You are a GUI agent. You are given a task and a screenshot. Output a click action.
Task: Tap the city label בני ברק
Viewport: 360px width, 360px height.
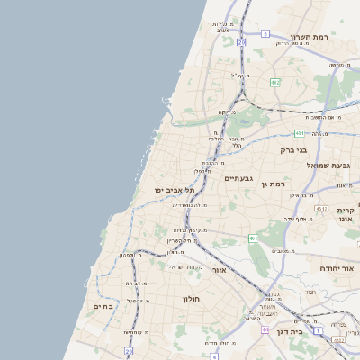pos(293,150)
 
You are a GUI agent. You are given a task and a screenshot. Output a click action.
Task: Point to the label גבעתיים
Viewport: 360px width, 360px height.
pos(238,178)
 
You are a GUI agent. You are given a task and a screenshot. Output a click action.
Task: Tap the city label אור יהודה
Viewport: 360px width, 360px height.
pos(337,268)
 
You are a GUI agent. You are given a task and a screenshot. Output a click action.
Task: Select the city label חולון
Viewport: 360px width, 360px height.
pos(191,298)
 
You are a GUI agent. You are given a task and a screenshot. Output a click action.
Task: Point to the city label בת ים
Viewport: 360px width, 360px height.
pos(103,307)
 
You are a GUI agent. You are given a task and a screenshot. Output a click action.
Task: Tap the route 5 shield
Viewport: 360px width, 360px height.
pos(265,33)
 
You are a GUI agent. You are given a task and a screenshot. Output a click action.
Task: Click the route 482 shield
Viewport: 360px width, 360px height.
pos(274,82)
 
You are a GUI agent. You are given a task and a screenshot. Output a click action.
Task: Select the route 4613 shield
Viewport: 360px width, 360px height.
pos(321,208)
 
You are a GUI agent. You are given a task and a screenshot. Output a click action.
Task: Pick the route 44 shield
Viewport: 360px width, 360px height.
pos(265,329)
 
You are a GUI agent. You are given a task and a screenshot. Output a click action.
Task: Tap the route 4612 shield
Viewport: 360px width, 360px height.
pos(338,340)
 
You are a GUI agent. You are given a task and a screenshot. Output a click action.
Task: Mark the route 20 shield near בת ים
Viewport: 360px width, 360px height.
pos(129,351)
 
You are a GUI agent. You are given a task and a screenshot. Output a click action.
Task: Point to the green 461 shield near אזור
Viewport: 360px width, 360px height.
pos(254,238)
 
